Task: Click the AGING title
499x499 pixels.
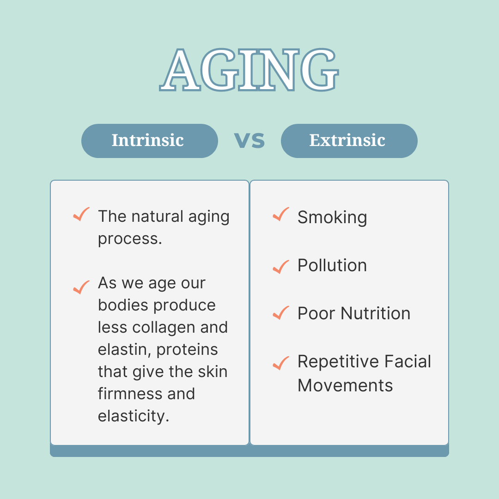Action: pyautogui.click(x=249, y=70)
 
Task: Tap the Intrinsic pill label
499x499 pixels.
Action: pyautogui.click(x=148, y=140)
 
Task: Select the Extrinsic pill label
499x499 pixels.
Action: pyautogui.click(x=347, y=140)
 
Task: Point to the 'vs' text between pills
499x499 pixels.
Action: pyautogui.click(x=249, y=140)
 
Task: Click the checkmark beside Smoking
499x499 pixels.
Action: pyautogui.click(x=281, y=214)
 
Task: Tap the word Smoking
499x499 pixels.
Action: pyautogui.click(x=332, y=217)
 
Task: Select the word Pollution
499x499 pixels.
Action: pyautogui.click(x=332, y=265)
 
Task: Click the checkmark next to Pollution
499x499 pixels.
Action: pyautogui.click(x=281, y=267)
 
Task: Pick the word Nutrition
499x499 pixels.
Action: pyautogui.click(x=376, y=313)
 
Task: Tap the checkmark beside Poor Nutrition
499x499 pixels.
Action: pyautogui.click(x=281, y=313)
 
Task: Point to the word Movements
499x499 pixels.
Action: pyautogui.click(x=345, y=385)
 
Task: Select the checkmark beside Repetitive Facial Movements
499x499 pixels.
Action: pyautogui.click(x=281, y=363)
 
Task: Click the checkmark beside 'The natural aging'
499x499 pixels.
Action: pyautogui.click(x=81, y=214)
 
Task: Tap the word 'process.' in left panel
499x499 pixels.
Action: pyautogui.click(x=130, y=239)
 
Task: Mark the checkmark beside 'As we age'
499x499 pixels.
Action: pyautogui.click(x=81, y=287)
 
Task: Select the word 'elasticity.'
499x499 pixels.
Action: pyautogui.click(x=134, y=416)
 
